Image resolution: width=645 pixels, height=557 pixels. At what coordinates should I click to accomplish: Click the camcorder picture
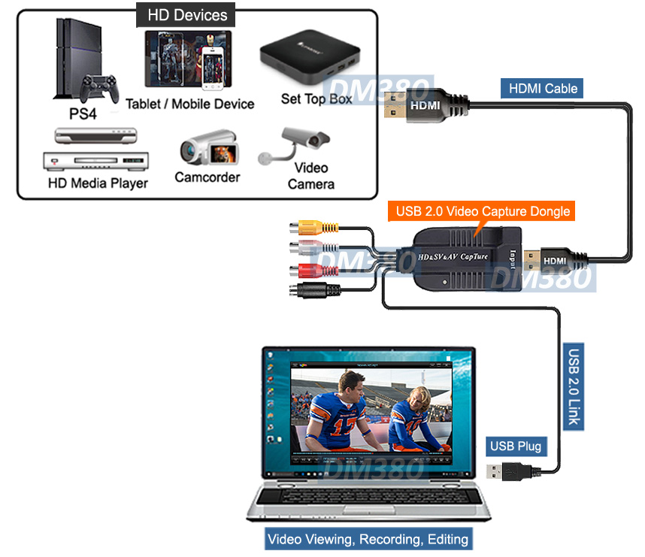(209, 147)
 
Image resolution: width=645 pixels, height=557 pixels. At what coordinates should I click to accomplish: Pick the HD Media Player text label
(98, 183)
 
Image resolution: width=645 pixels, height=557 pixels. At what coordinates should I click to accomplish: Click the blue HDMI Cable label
(544, 88)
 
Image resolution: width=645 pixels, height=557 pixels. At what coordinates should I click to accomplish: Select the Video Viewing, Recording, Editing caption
(368, 539)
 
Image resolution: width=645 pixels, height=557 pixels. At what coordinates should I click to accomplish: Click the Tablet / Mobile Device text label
(189, 104)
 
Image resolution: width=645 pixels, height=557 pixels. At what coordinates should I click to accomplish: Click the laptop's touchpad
(368, 506)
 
